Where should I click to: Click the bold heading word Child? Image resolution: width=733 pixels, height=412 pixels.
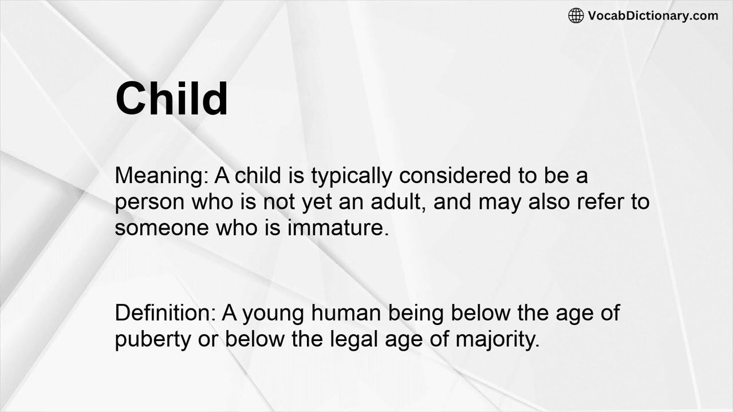point(171,98)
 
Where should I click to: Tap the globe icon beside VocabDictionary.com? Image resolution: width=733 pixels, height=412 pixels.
point(576,15)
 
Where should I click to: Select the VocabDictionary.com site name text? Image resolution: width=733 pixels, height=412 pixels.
point(653,15)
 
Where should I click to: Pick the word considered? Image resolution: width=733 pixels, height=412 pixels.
point(455,176)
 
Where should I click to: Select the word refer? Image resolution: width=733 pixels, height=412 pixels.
point(600,202)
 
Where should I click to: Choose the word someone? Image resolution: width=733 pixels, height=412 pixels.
point(161,228)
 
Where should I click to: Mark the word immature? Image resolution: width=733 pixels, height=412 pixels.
point(338,227)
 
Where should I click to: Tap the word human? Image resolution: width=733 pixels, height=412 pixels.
point(346,313)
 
